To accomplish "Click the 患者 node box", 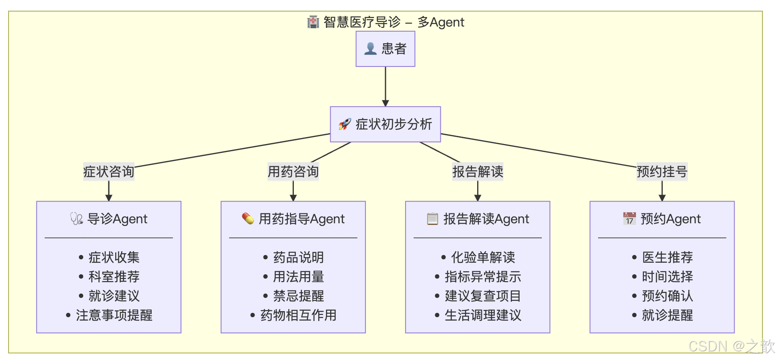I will coord(385,49).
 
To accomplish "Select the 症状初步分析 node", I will coord(385,124).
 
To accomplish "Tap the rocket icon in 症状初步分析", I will coord(344,124).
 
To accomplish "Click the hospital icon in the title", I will coord(313,22).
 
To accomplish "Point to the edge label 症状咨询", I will coord(108,172).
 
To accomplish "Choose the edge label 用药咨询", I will coord(293,172).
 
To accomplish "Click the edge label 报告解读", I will coord(478,172).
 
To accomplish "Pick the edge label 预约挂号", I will coord(662,172).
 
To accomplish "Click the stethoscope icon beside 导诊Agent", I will coord(77,219).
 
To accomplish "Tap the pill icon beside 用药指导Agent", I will coord(248,219).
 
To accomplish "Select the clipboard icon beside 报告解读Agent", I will coord(433,219).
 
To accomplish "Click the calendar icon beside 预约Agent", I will coord(629,219).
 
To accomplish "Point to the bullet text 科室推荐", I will coord(114,277).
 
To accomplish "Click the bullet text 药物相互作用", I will coord(298,315).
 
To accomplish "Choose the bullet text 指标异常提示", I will coord(483,277).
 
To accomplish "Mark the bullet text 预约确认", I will coord(667,296).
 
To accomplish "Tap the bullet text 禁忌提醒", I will coord(298,296).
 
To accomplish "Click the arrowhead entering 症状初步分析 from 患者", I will coord(385,103).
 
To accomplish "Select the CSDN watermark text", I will coord(731,346).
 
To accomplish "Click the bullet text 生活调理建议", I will coord(483,315).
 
